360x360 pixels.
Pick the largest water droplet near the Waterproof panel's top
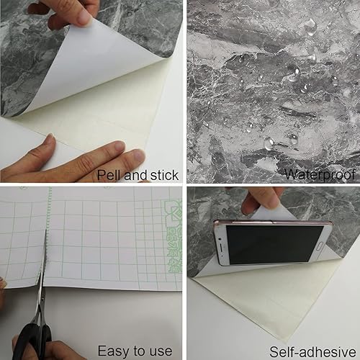click(310, 28)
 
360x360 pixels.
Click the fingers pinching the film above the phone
click(255, 199)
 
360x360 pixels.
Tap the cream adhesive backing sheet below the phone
click(245, 302)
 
